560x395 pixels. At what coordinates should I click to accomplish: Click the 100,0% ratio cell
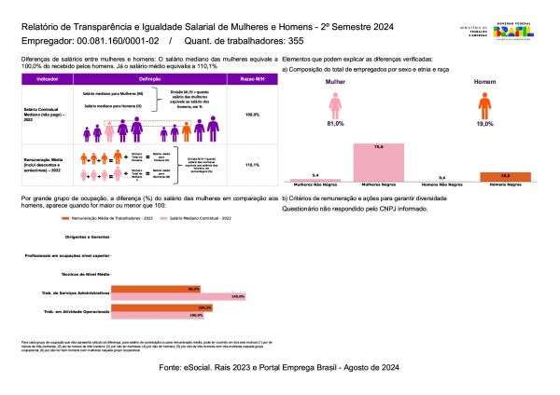[x=249, y=115]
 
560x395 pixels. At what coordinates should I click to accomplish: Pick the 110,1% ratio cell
[x=249, y=164]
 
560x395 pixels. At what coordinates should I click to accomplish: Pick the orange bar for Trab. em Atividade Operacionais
[x=163, y=306]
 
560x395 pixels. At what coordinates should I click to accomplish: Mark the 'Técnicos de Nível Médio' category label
[x=85, y=273]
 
